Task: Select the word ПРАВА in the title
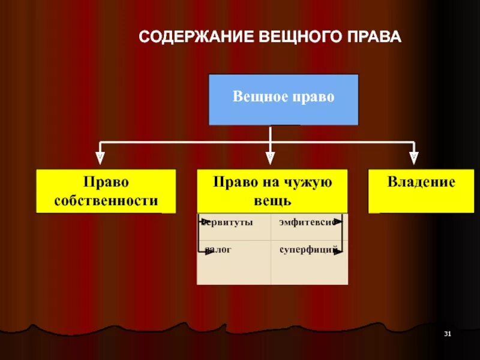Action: [373, 37]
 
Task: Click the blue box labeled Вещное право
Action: [283, 100]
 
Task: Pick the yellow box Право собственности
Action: [106, 191]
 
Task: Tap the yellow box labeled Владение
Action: [421, 191]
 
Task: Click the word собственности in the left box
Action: [106, 200]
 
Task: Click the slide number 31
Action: [447, 333]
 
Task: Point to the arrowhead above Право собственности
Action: [100, 158]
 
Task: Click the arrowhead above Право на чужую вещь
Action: [271, 158]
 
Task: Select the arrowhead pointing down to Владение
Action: [413, 158]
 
